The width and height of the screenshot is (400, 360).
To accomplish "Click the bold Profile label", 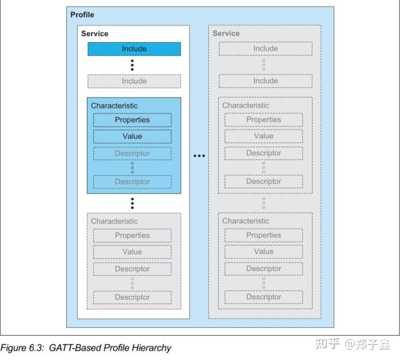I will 82,14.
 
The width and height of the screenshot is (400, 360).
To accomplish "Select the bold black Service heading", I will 94,33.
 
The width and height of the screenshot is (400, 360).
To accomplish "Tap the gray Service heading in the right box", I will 226,33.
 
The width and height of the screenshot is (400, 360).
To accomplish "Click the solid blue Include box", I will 134,49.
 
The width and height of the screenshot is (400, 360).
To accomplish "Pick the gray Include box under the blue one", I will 134,81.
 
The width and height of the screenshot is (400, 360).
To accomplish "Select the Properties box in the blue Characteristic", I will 132,120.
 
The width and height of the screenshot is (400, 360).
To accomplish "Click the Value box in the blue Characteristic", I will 132,137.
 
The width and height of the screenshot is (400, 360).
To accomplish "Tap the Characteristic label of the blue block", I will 114,106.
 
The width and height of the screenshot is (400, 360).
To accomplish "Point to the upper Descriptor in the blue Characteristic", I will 132,153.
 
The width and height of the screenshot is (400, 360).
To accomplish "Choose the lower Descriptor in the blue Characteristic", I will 132,181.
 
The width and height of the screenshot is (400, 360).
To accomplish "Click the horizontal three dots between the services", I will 199,156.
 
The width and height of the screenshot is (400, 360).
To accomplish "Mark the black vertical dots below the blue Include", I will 132,65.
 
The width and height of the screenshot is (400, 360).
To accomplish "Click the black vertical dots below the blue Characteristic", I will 132,203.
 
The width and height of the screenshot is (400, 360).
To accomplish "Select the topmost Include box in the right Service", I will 265,49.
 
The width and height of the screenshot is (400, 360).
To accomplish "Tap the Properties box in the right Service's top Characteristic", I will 264,120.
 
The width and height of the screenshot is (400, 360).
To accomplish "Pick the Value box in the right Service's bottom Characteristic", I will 264,252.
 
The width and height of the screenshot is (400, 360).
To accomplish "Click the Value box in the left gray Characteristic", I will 132,252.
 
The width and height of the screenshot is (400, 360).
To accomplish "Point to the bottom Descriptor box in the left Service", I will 132,297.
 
